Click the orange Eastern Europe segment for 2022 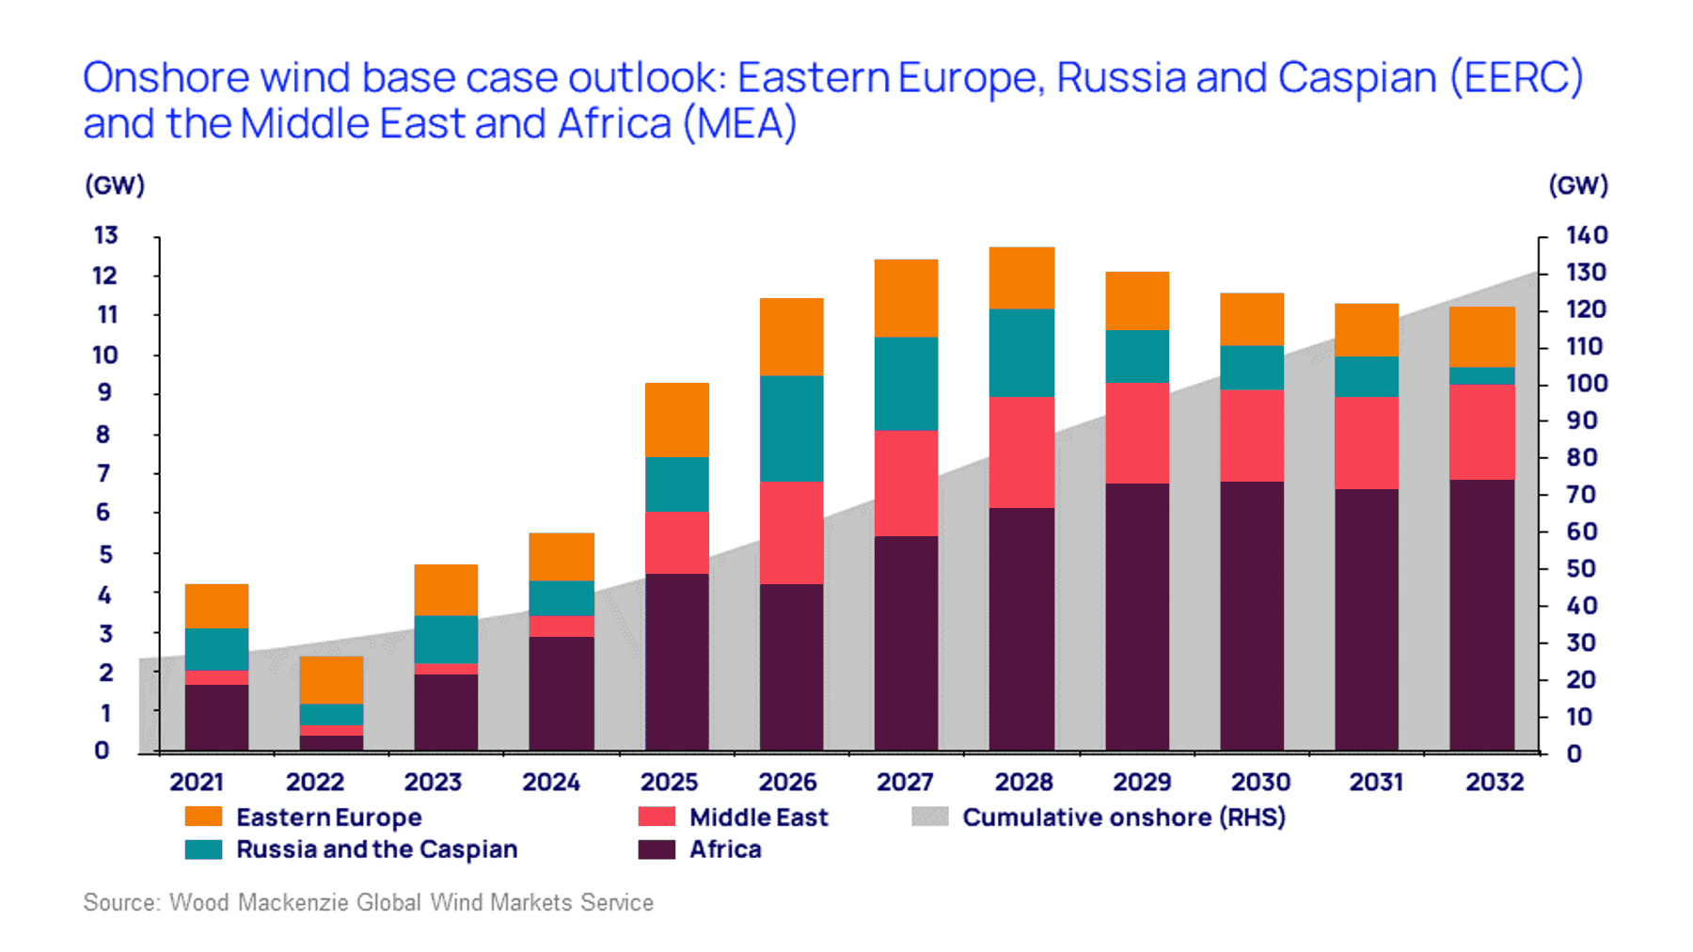pos(331,679)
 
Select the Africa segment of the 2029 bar pos(1137,617)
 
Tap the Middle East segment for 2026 pos(791,532)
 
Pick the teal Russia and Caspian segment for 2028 pos(1021,353)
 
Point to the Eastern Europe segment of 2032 pos(1481,337)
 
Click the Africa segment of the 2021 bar pos(216,717)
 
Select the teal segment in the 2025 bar pos(676,484)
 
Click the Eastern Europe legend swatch pos(203,817)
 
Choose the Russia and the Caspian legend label pos(376,849)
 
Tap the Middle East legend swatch pos(657,817)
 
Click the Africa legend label pos(725,849)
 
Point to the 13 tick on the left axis pos(105,235)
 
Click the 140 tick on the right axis pos(1586,235)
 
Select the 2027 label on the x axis pos(905,782)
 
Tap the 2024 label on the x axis pos(551,782)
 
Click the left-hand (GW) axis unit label pos(115,185)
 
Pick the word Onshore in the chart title pos(166,78)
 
